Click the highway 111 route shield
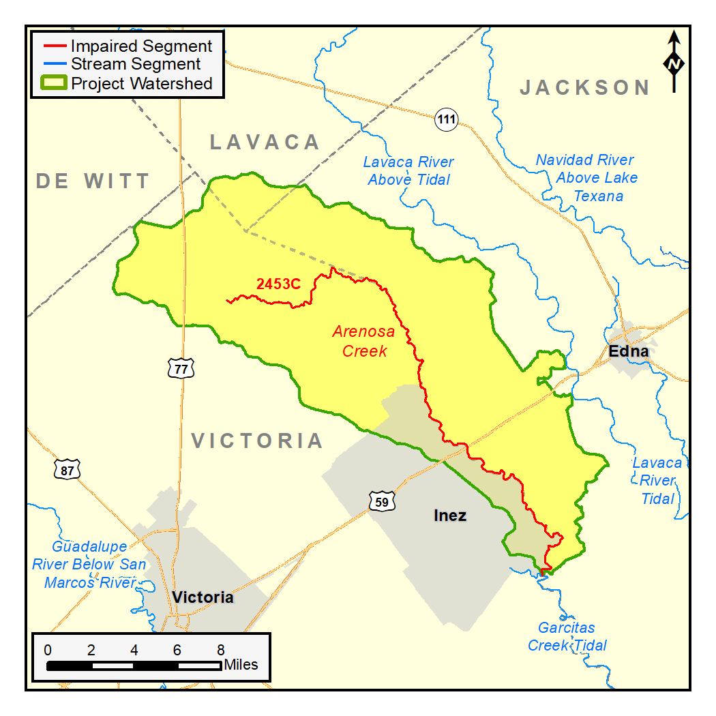[x=446, y=120]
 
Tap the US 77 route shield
[x=181, y=368]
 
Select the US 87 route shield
[x=66, y=469]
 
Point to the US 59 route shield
[x=381, y=502]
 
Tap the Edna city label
[x=629, y=351]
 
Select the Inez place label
[x=450, y=516]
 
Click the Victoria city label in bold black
[x=203, y=598]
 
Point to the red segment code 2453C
[x=278, y=284]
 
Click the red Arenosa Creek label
[x=363, y=341]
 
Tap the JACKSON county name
[x=585, y=87]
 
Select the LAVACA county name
[x=265, y=142]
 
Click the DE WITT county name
[x=93, y=181]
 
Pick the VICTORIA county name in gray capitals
[x=257, y=441]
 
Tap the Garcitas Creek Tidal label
[x=567, y=636]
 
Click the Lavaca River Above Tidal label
[x=408, y=171]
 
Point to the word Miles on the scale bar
[x=241, y=664]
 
